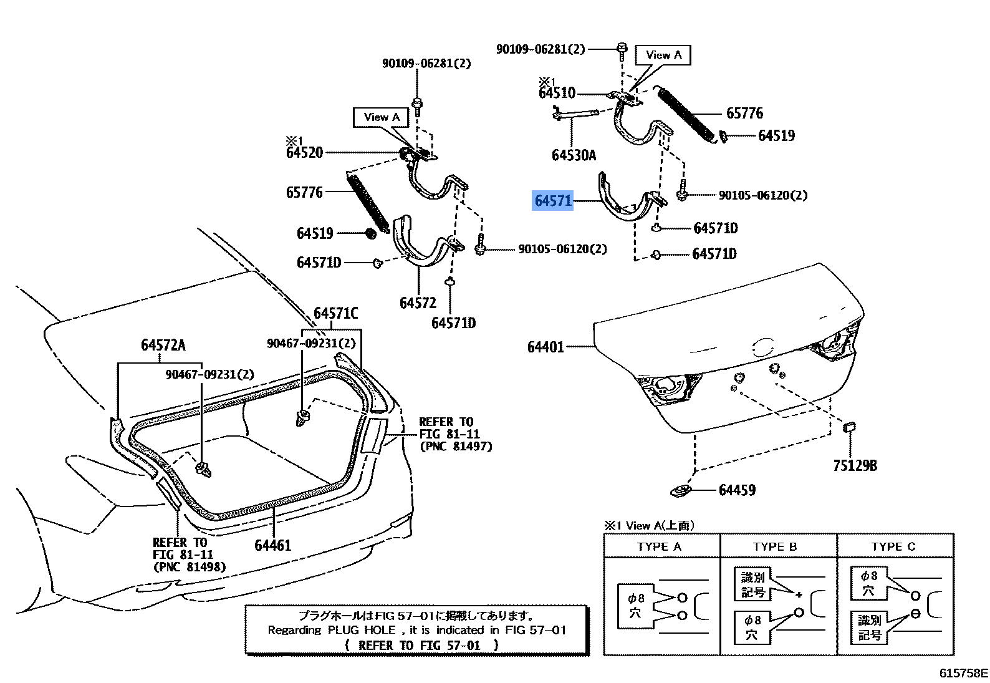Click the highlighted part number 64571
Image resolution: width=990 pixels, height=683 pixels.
point(552,201)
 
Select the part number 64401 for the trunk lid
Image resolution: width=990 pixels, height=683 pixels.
point(545,347)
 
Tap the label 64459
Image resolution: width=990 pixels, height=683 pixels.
point(737,490)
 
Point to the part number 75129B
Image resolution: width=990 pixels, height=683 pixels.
point(855,465)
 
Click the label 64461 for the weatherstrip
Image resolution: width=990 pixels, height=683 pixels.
point(273,545)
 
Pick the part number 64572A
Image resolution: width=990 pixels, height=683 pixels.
point(163,346)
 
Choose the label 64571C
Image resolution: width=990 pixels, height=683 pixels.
point(335,313)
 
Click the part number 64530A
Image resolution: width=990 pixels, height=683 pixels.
point(574,155)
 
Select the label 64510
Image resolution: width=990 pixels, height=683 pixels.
point(557,94)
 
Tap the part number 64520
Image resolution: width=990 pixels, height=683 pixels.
point(305,152)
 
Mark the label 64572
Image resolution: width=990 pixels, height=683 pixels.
point(418,303)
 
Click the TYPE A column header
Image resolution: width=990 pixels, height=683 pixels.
point(659,547)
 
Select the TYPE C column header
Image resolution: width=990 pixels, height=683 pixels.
point(893,547)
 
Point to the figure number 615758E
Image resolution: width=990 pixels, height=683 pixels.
point(964,673)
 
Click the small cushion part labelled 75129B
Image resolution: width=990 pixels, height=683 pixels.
point(849,427)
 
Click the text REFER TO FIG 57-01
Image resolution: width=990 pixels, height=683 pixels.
point(421,645)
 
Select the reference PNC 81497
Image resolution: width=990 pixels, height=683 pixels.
point(456,447)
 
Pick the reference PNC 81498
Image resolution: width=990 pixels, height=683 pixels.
point(190,567)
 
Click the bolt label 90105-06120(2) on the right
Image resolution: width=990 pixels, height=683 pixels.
point(762,195)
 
